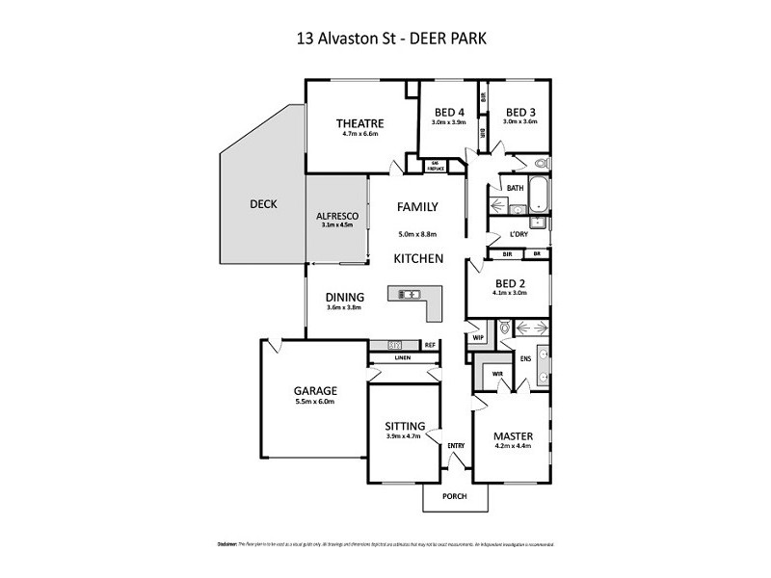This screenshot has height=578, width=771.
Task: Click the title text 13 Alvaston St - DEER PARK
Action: click(385, 39)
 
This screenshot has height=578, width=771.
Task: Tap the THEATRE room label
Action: click(360, 122)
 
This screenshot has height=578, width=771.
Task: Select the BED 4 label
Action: click(449, 111)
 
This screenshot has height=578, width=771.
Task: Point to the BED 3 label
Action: click(520, 111)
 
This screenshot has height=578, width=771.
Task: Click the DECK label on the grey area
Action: click(263, 204)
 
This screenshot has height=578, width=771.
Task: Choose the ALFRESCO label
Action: click(337, 217)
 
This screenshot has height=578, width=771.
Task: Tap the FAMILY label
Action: click(418, 206)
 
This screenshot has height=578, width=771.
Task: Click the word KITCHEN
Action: click(418, 259)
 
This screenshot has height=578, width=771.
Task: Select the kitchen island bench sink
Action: click(407, 294)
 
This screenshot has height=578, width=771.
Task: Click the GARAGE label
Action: click(314, 390)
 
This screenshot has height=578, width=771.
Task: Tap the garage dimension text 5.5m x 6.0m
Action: click(314, 402)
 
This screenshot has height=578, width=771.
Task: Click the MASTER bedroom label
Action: click(513, 435)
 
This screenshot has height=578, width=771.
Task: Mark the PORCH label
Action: click(455, 496)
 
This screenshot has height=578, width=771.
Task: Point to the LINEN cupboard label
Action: click(403, 358)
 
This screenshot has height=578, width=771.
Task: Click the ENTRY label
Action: click(455, 444)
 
